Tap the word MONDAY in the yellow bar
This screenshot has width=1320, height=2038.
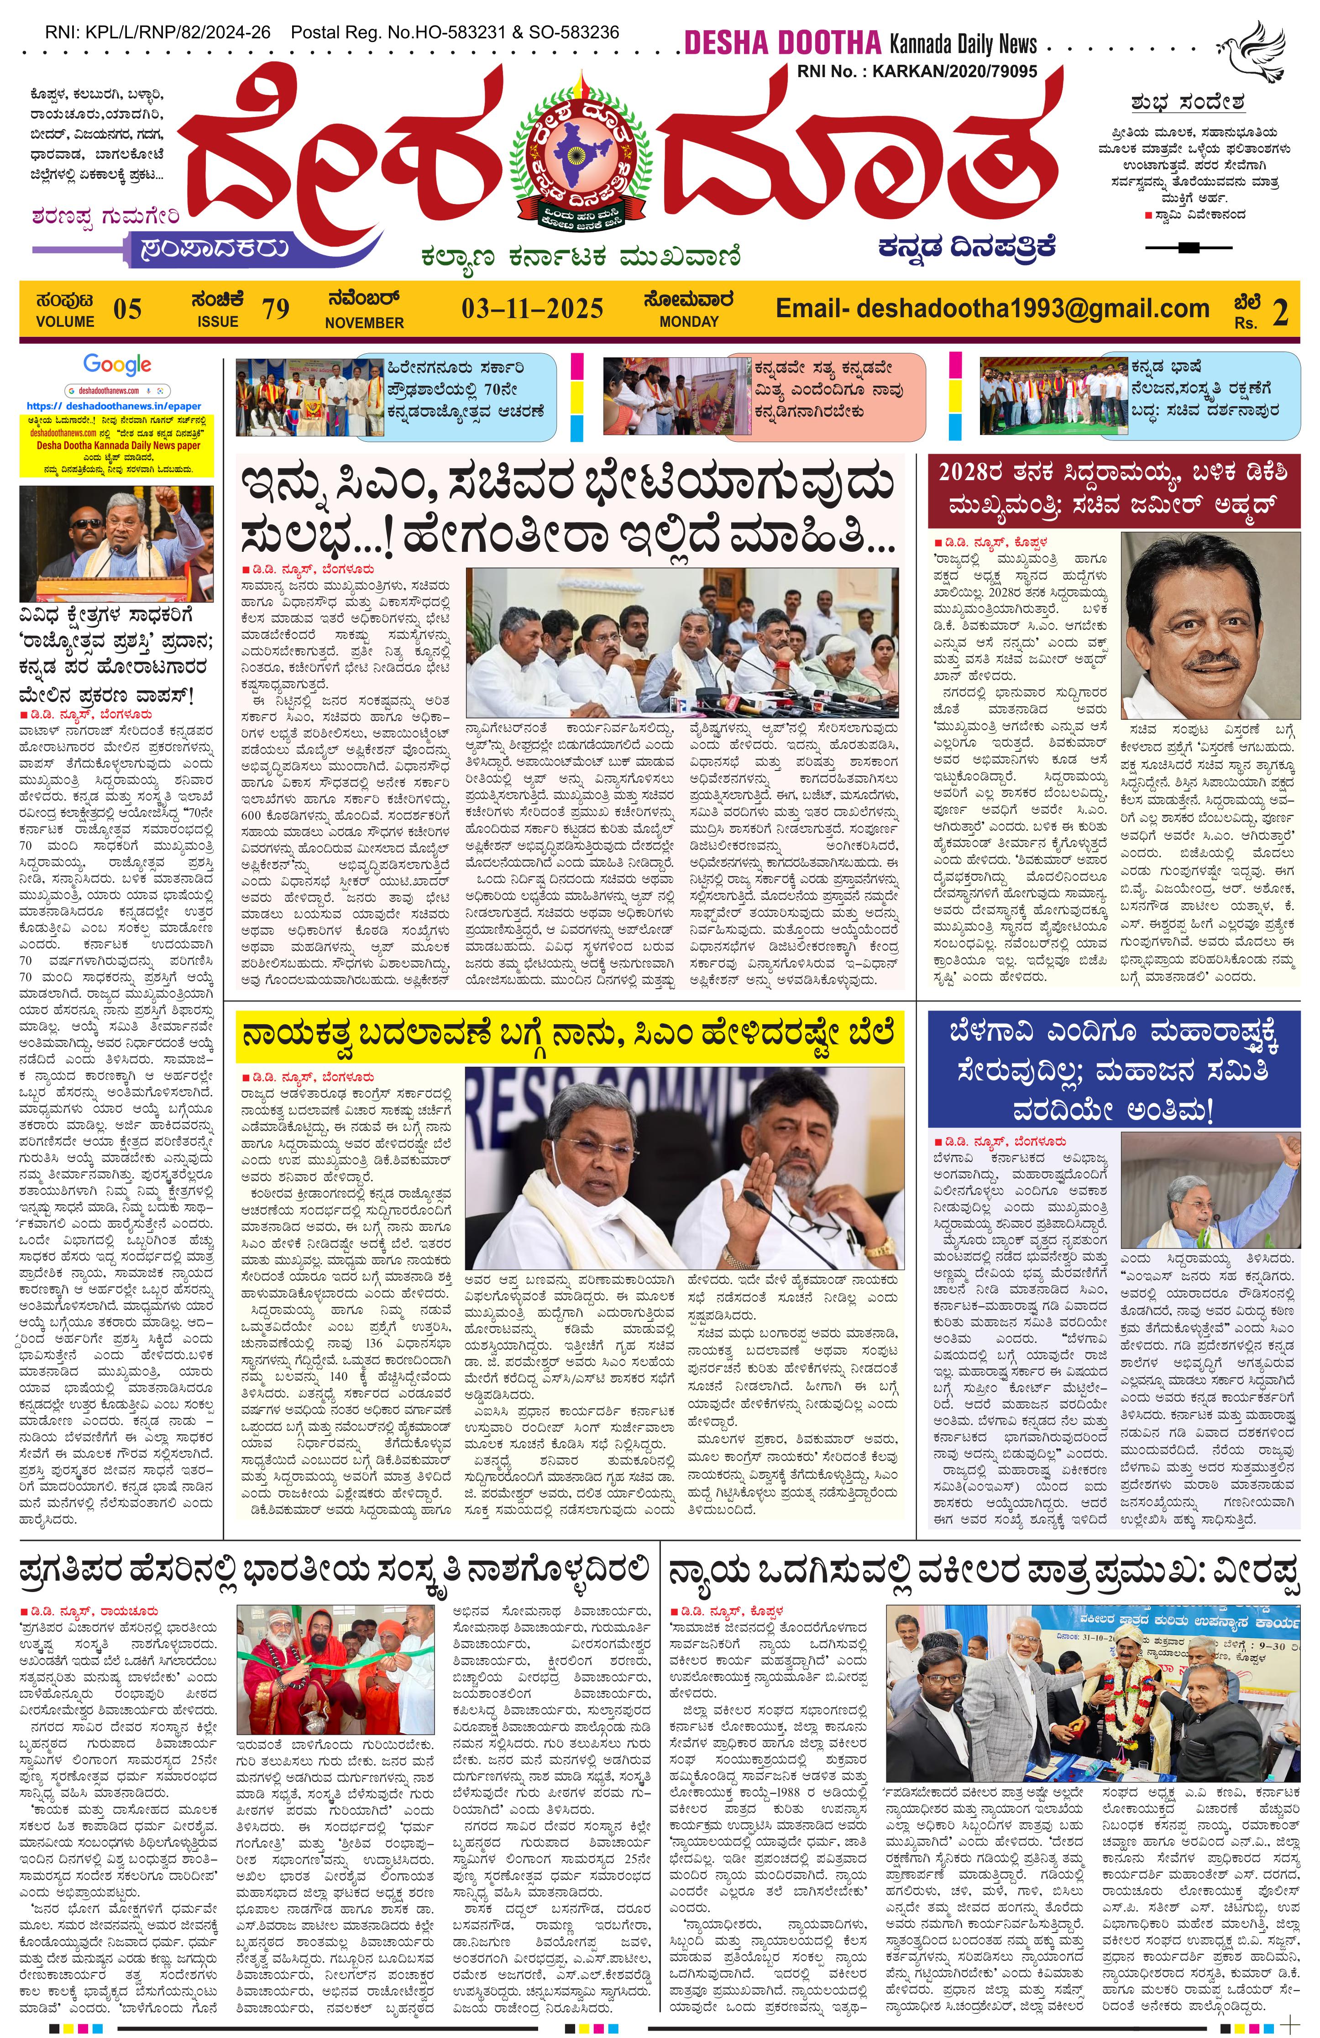(x=688, y=322)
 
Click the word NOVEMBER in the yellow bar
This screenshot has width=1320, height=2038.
(x=364, y=323)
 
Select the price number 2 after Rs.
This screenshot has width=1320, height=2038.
(x=1280, y=312)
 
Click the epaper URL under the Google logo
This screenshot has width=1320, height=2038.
(x=114, y=406)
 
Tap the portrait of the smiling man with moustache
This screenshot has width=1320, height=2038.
(x=1210, y=625)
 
